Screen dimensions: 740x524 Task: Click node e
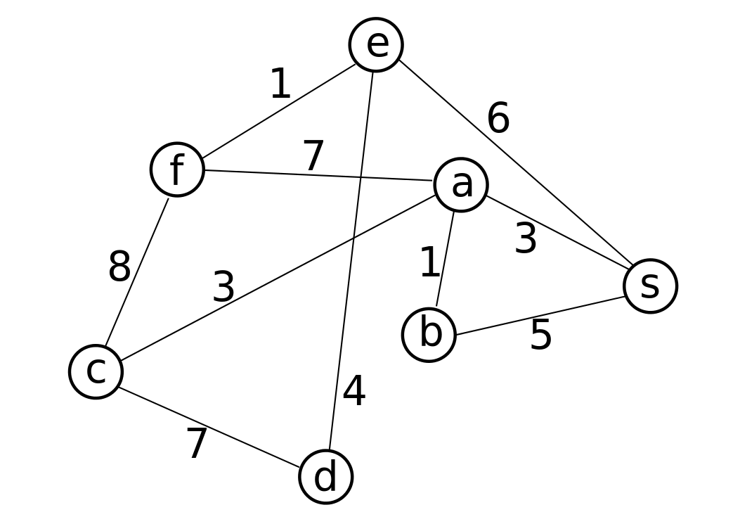point(376,45)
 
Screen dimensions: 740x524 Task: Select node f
point(177,169)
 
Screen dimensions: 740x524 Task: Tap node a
point(460,185)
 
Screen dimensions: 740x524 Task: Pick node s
point(650,286)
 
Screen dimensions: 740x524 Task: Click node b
point(429,335)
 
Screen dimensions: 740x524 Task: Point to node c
point(96,371)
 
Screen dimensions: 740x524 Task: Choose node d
point(325,477)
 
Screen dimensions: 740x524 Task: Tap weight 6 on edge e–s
point(498,117)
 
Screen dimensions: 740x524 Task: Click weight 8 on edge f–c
point(119,266)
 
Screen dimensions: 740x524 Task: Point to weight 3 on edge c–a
point(223,286)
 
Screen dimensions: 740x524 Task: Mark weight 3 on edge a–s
point(525,238)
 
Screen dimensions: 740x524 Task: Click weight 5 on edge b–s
point(541,335)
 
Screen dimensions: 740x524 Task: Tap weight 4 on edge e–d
point(354,391)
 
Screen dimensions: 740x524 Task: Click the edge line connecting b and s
point(540,316)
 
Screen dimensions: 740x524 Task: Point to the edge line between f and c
point(136,271)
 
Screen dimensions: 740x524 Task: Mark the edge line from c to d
point(209,427)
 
